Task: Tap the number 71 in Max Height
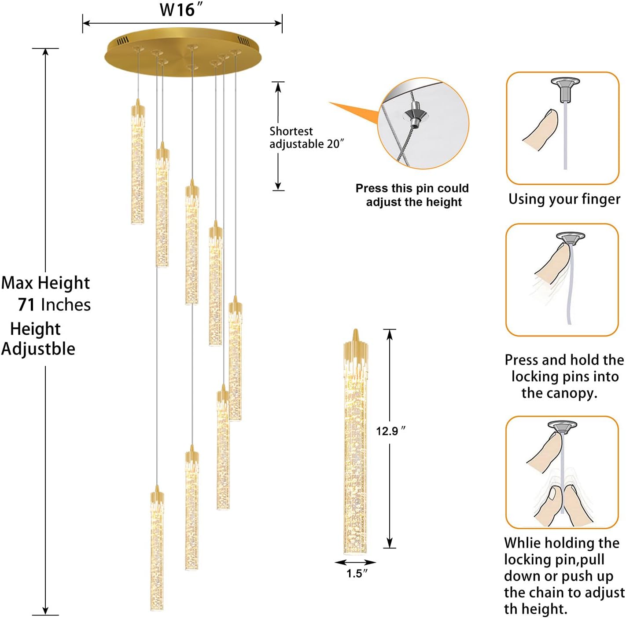pos(26,305)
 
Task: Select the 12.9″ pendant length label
pos(391,431)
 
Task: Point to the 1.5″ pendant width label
pos(357,574)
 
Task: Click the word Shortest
pos(291,131)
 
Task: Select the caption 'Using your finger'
pos(564,199)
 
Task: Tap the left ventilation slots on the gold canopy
pos(123,41)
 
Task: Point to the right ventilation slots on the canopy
pos(243,41)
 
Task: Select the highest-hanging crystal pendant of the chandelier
pos(138,162)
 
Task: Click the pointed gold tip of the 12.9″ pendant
pos(355,330)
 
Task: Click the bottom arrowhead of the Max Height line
pos(45,610)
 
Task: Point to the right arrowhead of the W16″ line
pos(278,23)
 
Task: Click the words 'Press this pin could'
pos(412,188)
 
